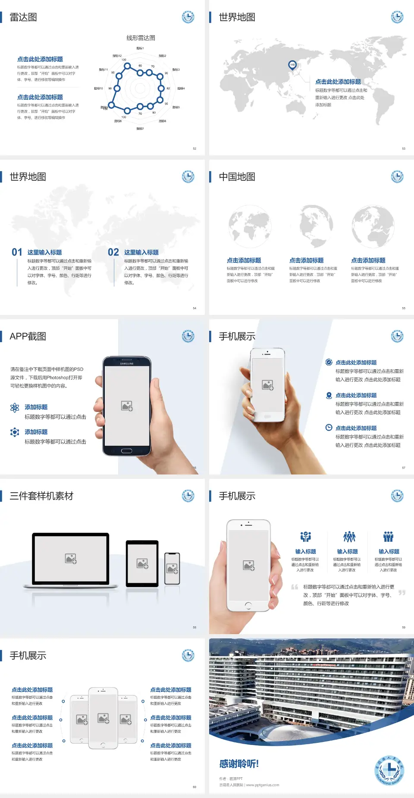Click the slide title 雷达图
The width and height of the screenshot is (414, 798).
23,17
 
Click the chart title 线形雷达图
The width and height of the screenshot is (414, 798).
141,38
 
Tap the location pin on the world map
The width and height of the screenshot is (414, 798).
292,65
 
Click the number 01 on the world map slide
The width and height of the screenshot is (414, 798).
17,252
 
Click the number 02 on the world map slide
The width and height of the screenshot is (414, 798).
113,252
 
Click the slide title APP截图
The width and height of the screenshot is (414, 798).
28,336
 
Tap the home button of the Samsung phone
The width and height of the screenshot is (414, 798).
126,451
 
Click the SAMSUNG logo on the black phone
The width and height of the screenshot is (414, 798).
127,364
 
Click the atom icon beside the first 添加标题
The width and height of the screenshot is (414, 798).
15,408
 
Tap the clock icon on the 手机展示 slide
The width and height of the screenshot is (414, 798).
329,427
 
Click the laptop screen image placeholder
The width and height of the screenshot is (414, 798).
71,559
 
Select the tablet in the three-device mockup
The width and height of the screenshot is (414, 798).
142,563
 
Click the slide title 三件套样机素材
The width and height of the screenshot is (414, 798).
41,496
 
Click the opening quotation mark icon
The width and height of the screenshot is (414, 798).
295,587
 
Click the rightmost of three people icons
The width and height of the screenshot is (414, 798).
389,537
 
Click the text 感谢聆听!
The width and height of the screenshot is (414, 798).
239,764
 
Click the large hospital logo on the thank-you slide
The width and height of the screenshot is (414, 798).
389,770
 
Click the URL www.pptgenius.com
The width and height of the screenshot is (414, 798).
263,785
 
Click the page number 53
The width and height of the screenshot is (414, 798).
404,148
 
